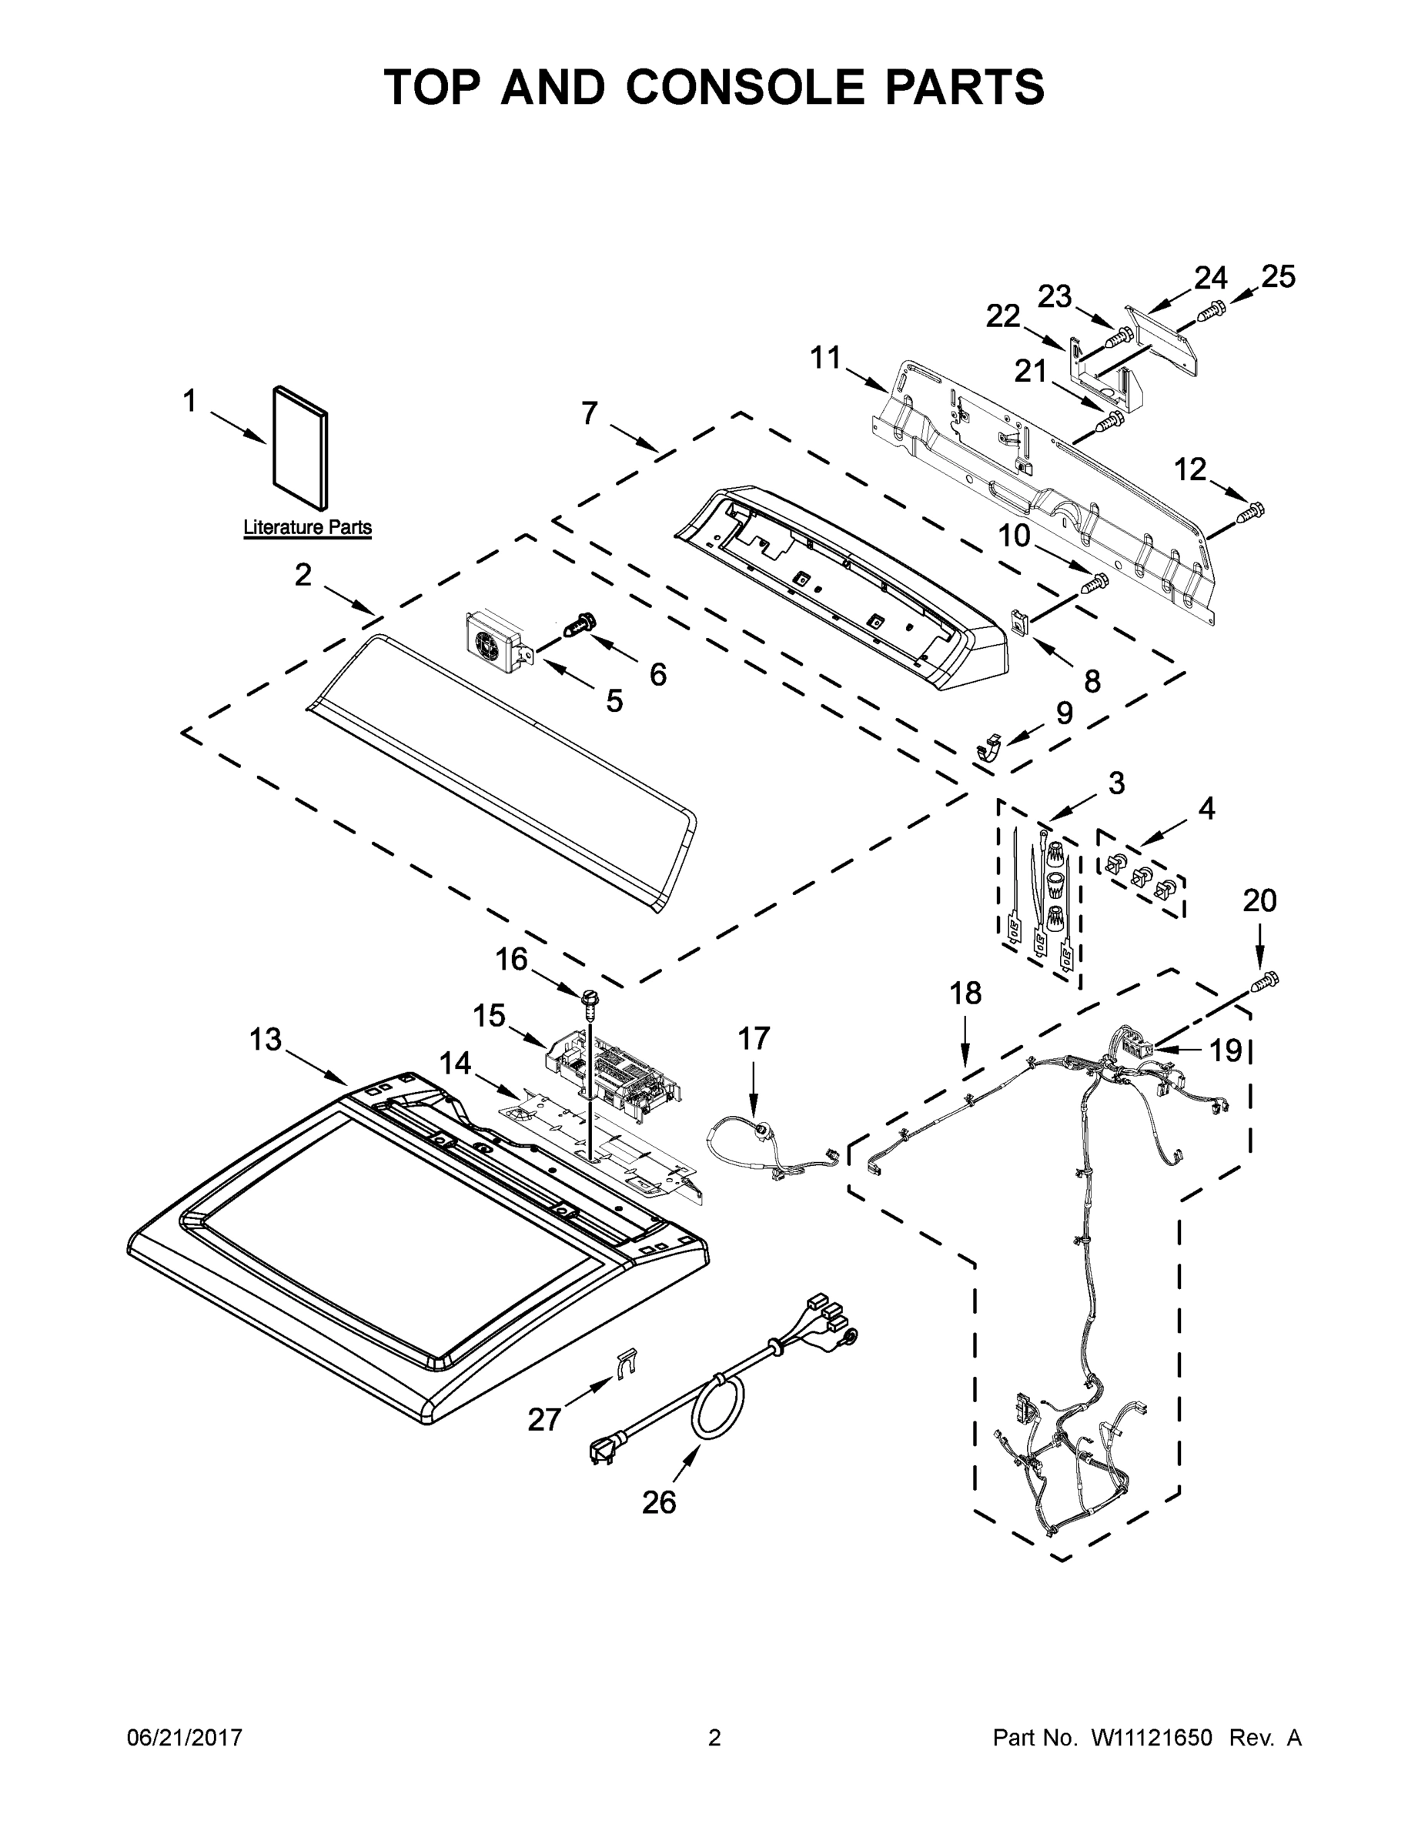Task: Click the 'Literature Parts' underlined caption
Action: click(x=307, y=528)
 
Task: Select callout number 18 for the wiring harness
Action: click(x=965, y=993)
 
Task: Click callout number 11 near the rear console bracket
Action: click(x=826, y=358)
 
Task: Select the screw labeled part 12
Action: click(x=1250, y=512)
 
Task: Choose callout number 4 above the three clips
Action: click(x=1206, y=809)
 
